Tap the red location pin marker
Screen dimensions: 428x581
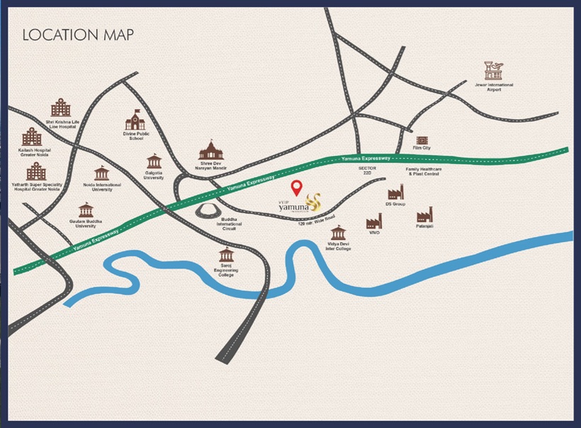(x=298, y=188)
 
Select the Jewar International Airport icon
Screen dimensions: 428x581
(x=494, y=71)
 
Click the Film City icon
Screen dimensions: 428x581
(x=422, y=141)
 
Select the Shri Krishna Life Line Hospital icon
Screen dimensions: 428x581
(x=61, y=108)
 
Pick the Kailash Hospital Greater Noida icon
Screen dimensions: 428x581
(x=31, y=137)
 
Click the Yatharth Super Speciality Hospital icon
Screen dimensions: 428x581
(x=36, y=170)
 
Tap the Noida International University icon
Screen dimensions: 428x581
(x=102, y=173)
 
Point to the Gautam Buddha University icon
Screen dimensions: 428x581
(x=86, y=209)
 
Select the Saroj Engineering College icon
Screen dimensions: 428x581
(x=226, y=255)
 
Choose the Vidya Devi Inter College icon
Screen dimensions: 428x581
(x=338, y=233)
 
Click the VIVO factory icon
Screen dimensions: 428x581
(x=374, y=222)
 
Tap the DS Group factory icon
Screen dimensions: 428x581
(x=395, y=192)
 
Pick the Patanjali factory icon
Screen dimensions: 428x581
(x=424, y=215)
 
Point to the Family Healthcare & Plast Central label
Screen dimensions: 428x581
(x=423, y=172)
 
